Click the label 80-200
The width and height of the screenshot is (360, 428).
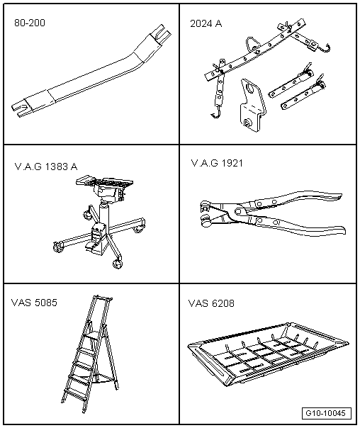(x=30, y=23)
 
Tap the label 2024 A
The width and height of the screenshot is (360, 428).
(x=206, y=24)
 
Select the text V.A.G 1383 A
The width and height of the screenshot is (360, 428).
(x=46, y=167)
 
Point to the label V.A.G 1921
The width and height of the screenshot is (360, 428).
(x=217, y=163)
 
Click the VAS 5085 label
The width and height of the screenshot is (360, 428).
(x=34, y=303)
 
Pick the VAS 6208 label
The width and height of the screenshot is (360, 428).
(x=211, y=303)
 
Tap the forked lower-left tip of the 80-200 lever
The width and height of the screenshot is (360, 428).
(x=19, y=109)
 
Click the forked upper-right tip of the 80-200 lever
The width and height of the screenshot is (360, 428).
(x=163, y=32)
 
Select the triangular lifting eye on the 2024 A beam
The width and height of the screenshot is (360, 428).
(x=252, y=44)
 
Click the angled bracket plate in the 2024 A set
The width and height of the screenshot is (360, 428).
(x=251, y=105)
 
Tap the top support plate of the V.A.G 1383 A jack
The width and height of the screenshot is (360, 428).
(x=105, y=181)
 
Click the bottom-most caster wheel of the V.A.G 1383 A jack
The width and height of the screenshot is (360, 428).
(x=118, y=264)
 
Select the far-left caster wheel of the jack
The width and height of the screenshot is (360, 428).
(x=57, y=247)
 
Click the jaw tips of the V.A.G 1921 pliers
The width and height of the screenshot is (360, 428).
(x=206, y=213)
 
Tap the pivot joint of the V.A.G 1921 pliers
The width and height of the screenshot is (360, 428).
(x=238, y=210)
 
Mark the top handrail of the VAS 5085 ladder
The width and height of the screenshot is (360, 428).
(x=103, y=298)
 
